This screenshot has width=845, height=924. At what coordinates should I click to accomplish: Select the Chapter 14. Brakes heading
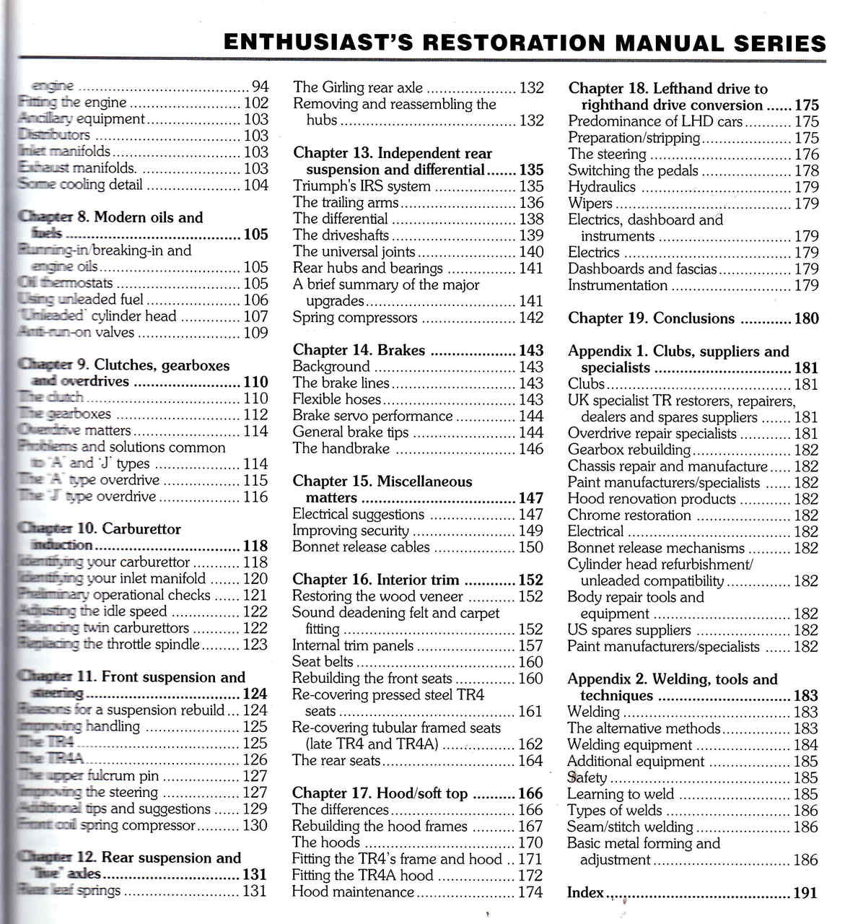359,351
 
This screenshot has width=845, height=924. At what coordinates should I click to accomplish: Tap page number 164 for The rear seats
530,761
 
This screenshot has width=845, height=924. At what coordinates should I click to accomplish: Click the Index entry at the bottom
585,893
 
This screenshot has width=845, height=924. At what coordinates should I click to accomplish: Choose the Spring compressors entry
354,318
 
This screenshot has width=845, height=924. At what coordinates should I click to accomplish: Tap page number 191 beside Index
806,893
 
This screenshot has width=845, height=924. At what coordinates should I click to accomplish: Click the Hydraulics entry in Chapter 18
602,187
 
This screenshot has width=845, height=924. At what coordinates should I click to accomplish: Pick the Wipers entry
590,204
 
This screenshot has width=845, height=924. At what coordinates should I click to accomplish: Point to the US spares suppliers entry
619,630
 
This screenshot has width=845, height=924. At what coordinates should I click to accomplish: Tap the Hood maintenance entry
353,892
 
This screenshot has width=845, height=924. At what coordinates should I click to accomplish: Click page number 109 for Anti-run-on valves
255,333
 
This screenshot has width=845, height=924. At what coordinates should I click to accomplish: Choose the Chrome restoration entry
629,515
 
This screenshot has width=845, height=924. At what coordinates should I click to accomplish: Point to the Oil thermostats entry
65,284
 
